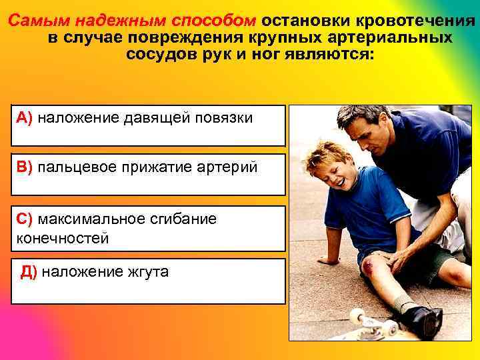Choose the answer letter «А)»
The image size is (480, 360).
[x=25, y=118]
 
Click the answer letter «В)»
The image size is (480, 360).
[x=25, y=167]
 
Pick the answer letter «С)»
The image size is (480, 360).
[x=25, y=219]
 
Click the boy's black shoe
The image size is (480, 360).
[x=422, y=321]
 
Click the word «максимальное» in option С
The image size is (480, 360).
[x=93, y=219]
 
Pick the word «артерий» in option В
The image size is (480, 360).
[x=231, y=167]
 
